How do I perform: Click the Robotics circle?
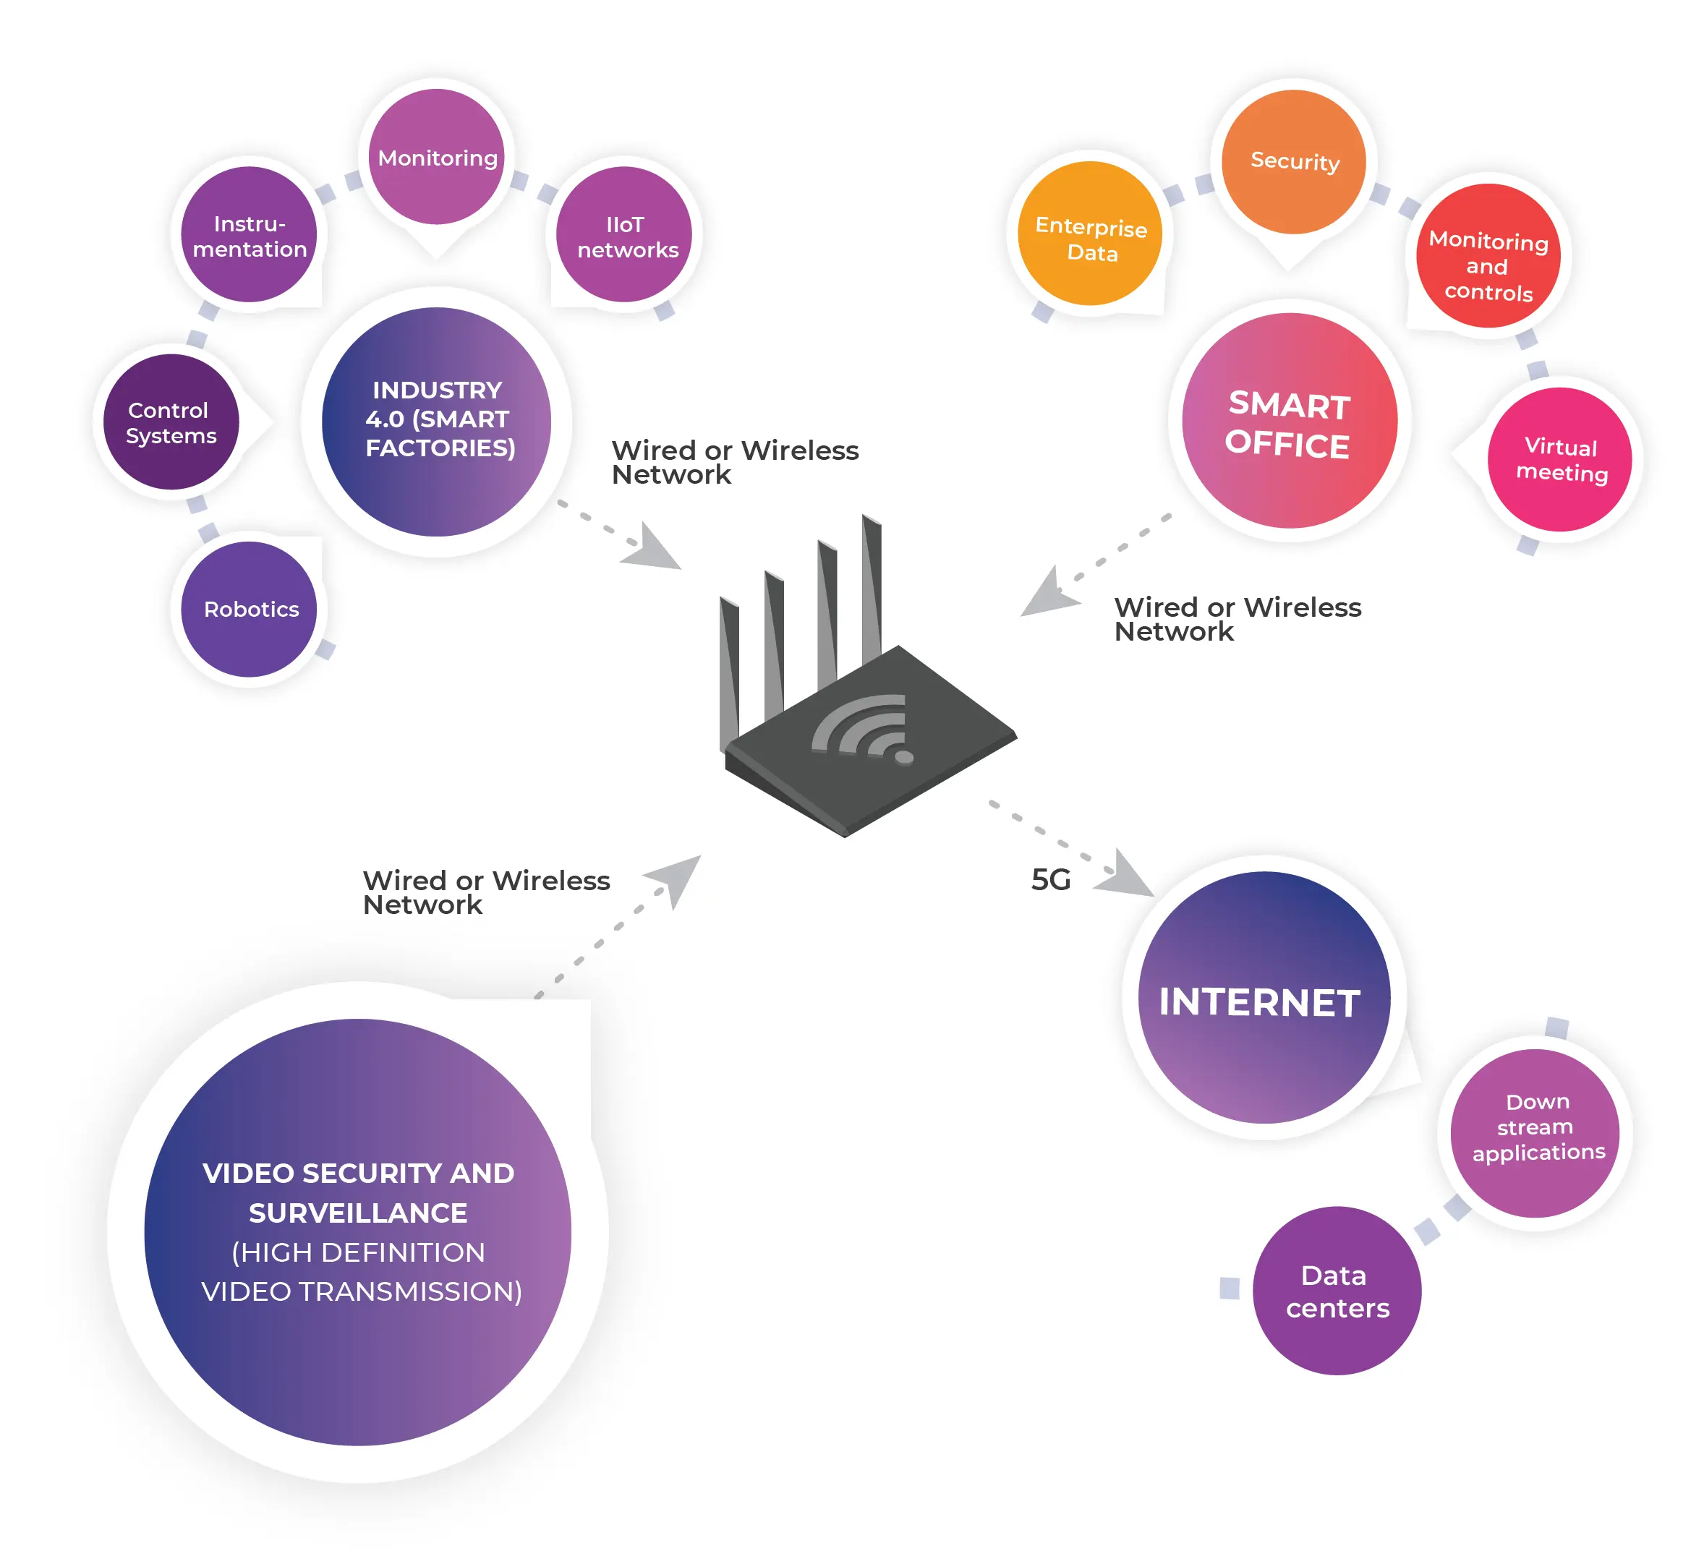[249, 610]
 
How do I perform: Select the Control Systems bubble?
[171, 422]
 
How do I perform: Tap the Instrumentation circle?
[249, 234]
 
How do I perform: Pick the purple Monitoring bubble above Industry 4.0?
[436, 156]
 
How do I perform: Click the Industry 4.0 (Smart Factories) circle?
[436, 422]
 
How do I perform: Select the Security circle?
[1294, 161]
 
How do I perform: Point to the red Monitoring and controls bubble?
[1488, 256]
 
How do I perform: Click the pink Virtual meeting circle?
[1559, 460]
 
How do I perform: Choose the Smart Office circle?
[1290, 421]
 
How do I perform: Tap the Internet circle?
[1264, 997]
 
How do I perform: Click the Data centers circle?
[1337, 1291]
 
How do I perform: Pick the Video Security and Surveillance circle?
[357, 1232]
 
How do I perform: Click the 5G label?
[1051, 880]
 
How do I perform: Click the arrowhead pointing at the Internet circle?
[1126, 873]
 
